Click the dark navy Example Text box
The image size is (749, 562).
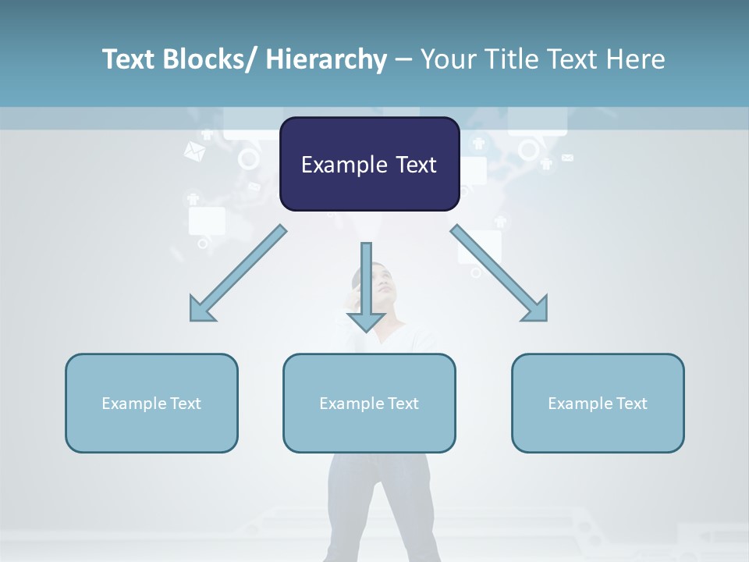369,164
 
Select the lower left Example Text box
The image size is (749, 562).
151,403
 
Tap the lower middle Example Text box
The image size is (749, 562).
369,403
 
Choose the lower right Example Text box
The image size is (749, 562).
598,403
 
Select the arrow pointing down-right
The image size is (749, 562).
499,274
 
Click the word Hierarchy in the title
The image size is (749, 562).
326,59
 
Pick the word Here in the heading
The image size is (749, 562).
636,59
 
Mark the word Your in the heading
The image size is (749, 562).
447,59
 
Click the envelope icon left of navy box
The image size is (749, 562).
193,151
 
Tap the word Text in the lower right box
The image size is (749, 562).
631,403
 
